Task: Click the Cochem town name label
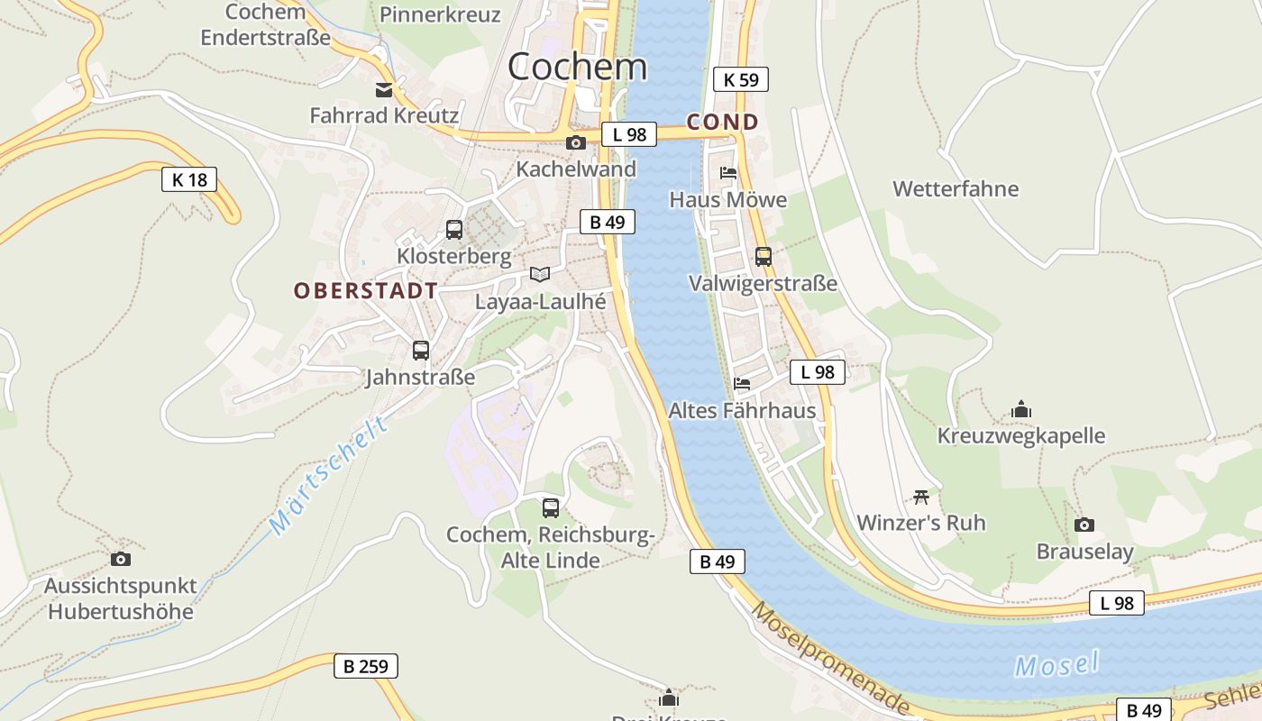tap(577, 66)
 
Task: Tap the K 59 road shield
tap(741, 79)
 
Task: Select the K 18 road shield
tap(189, 179)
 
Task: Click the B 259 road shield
tap(366, 666)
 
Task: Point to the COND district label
tap(723, 122)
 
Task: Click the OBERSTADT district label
tap(366, 290)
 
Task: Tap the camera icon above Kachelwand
tap(576, 142)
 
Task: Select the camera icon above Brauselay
tap(1084, 525)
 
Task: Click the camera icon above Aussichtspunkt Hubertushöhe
tap(120, 559)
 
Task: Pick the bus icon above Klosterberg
tap(454, 230)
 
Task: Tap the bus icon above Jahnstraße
tap(420, 351)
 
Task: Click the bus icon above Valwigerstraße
tap(764, 256)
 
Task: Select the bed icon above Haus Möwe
tap(728, 173)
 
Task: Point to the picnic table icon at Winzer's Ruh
tap(920, 497)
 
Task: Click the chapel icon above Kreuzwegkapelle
tap(1020, 409)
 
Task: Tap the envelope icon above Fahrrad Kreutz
tap(384, 89)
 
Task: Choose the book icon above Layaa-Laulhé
tap(540, 274)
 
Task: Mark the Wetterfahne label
tap(956, 189)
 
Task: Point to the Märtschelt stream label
tap(329, 475)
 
